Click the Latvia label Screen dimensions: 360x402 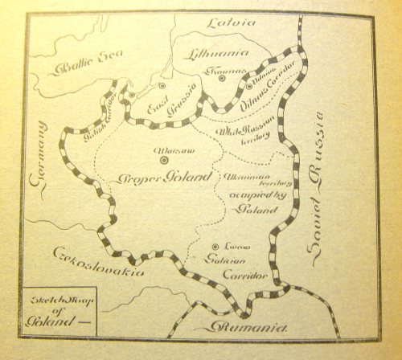(x=232, y=22)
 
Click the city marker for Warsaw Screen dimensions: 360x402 (x=165, y=160)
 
